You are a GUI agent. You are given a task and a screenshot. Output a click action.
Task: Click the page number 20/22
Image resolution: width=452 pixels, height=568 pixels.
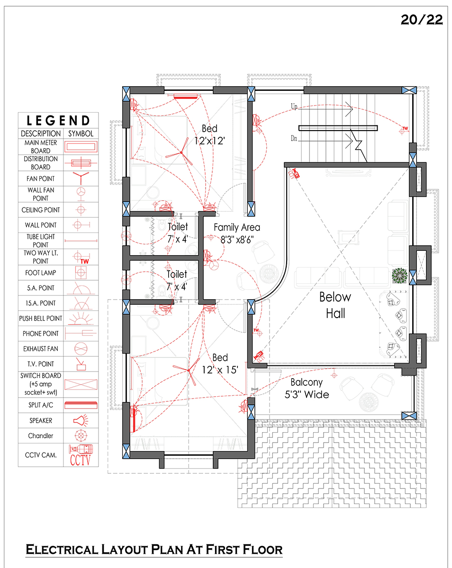(x=421, y=20)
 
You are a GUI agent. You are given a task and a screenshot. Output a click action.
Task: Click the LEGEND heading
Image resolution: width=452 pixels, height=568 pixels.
(x=58, y=121)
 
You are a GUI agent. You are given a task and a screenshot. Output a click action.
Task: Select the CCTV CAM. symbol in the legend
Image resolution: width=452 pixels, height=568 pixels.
(x=81, y=455)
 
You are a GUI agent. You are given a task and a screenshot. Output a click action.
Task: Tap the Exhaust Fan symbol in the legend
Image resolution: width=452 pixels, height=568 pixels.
(x=81, y=349)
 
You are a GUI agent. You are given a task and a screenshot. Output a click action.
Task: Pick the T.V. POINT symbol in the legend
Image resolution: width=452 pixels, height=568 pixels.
(x=81, y=364)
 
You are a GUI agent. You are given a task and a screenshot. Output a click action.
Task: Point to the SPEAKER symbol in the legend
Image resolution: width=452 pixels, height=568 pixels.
(x=81, y=420)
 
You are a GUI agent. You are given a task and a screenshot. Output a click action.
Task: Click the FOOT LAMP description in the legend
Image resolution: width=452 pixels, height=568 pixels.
(x=41, y=273)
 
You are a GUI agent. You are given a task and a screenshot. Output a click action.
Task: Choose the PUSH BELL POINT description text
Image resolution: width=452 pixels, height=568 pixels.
(x=41, y=318)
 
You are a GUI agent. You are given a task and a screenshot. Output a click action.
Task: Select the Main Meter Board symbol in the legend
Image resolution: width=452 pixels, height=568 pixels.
(x=81, y=146)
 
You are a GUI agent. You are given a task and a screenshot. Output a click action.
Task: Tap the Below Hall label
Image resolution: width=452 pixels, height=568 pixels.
(x=335, y=305)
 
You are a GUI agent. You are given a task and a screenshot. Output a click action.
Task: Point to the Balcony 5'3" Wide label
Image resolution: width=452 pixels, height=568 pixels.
(x=307, y=388)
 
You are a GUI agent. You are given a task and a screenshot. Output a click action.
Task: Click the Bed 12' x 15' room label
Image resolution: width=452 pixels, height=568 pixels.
(x=220, y=364)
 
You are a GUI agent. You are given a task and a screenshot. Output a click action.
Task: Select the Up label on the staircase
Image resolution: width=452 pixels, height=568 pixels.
(x=294, y=106)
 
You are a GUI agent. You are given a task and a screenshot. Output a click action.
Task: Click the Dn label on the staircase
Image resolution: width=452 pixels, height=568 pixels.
(x=294, y=138)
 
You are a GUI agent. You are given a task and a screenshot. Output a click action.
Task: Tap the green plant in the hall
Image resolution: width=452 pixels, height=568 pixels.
(x=400, y=275)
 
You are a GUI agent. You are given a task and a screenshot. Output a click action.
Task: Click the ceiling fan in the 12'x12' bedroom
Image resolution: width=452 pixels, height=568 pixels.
(x=181, y=153)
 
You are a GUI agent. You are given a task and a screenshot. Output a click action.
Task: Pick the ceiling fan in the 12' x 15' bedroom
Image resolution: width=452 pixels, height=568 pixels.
(x=188, y=370)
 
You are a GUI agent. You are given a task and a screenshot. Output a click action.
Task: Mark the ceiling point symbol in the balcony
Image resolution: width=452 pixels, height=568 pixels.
(x=334, y=375)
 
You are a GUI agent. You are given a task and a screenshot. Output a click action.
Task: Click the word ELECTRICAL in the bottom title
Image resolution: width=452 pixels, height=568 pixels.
(x=62, y=550)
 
